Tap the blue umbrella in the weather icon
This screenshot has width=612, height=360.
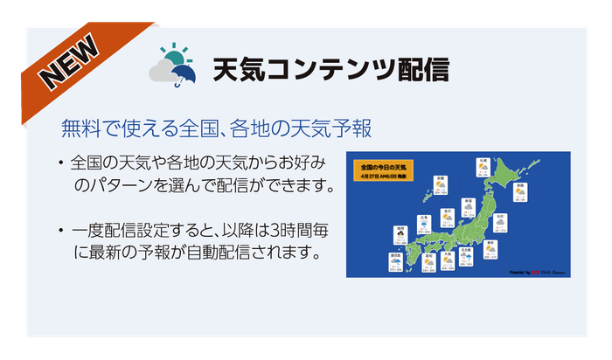click(x=182, y=78)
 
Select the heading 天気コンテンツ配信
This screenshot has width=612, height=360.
click(x=331, y=69)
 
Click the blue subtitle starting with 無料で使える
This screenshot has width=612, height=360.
click(x=216, y=128)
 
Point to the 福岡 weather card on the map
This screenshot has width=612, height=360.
click(x=400, y=234)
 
